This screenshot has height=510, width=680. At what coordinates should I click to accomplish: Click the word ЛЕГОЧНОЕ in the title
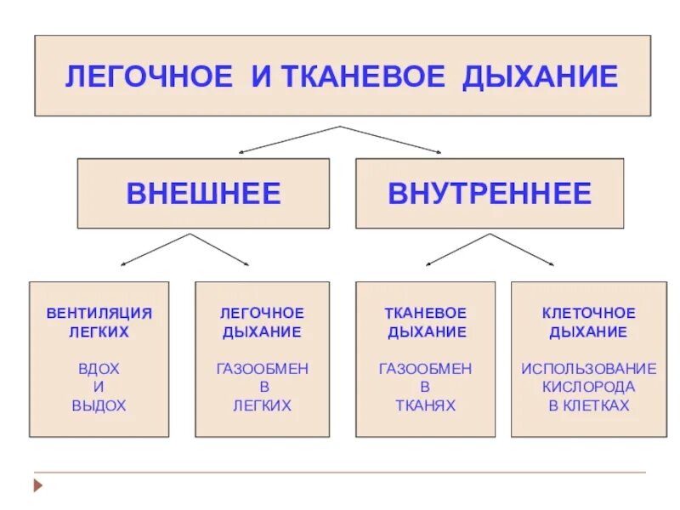click(x=148, y=76)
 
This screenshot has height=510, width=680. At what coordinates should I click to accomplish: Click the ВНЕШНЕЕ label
click(x=203, y=194)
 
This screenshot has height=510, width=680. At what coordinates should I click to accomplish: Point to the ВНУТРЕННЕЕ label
click(x=490, y=194)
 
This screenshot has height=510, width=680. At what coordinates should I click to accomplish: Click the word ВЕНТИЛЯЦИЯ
click(x=99, y=313)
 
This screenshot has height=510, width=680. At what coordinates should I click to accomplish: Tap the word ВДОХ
click(x=99, y=369)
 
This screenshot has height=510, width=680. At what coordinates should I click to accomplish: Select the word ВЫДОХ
click(x=99, y=406)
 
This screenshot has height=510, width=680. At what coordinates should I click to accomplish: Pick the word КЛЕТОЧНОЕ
click(x=588, y=313)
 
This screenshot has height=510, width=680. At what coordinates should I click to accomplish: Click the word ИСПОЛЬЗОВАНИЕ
click(x=588, y=369)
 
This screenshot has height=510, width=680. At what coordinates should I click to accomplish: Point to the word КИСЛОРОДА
click(x=588, y=388)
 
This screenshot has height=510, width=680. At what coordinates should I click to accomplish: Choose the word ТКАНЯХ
click(x=425, y=406)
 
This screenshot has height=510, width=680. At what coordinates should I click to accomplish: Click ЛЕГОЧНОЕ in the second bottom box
click(x=262, y=313)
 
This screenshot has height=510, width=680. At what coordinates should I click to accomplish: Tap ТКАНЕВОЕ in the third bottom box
click(x=425, y=313)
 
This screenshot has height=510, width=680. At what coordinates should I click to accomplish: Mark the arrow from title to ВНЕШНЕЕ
click(x=289, y=139)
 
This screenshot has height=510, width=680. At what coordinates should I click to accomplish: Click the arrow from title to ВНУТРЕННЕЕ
click(x=391, y=139)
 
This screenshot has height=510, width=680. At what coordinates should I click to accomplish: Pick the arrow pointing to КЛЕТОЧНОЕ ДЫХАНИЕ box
click(x=527, y=248)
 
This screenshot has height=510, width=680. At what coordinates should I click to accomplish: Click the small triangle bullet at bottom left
click(x=37, y=487)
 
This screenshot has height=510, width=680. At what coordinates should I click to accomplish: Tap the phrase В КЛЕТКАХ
click(x=588, y=406)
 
